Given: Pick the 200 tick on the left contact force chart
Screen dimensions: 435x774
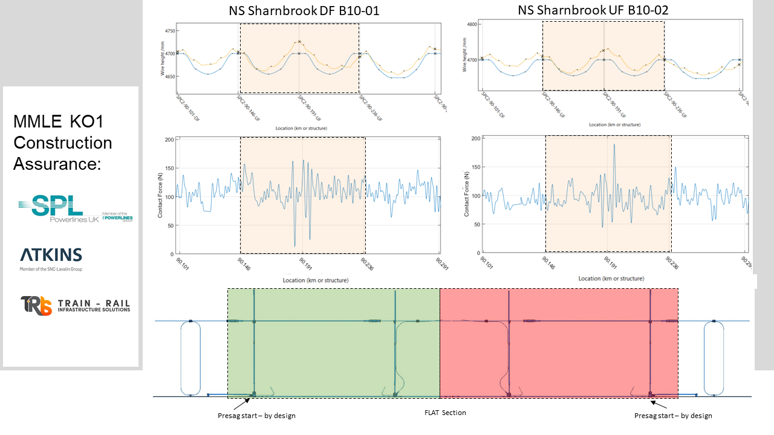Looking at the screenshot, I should (x=169, y=140).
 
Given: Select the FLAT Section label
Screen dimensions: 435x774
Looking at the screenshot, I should (x=445, y=413).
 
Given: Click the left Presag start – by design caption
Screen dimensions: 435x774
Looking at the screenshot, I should (x=256, y=416).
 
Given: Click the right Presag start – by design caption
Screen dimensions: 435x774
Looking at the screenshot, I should (x=673, y=416).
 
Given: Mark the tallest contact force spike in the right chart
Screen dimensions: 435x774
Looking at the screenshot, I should (x=614, y=145).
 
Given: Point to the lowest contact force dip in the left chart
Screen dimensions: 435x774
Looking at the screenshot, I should (x=295, y=245).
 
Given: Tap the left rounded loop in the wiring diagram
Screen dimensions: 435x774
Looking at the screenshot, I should (x=190, y=358).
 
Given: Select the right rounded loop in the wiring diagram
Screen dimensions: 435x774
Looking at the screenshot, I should (x=714, y=358).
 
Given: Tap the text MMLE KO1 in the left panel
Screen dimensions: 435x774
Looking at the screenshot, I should (x=59, y=123).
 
